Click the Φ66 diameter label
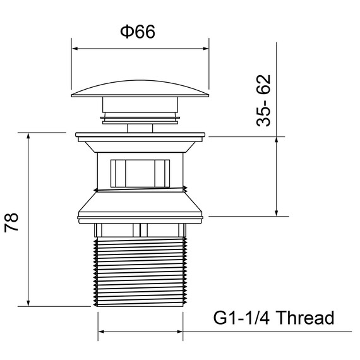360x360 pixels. pyautogui.click(x=138, y=32)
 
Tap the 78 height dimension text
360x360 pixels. pyautogui.click(x=11, y=222)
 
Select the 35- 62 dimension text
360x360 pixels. pyautogui.click(x=263, y=100)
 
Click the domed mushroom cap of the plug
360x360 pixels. pyautogui.click(x=140, y=88)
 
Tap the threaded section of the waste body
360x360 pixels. pyautogui.click(x=140, y=272)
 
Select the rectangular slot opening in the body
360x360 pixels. pyautogui.click(x=140, y=173)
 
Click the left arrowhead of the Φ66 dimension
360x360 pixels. pyautogui.click(x=75, y=49)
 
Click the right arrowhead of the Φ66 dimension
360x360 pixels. pyautogui.click(x=205, y=49)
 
